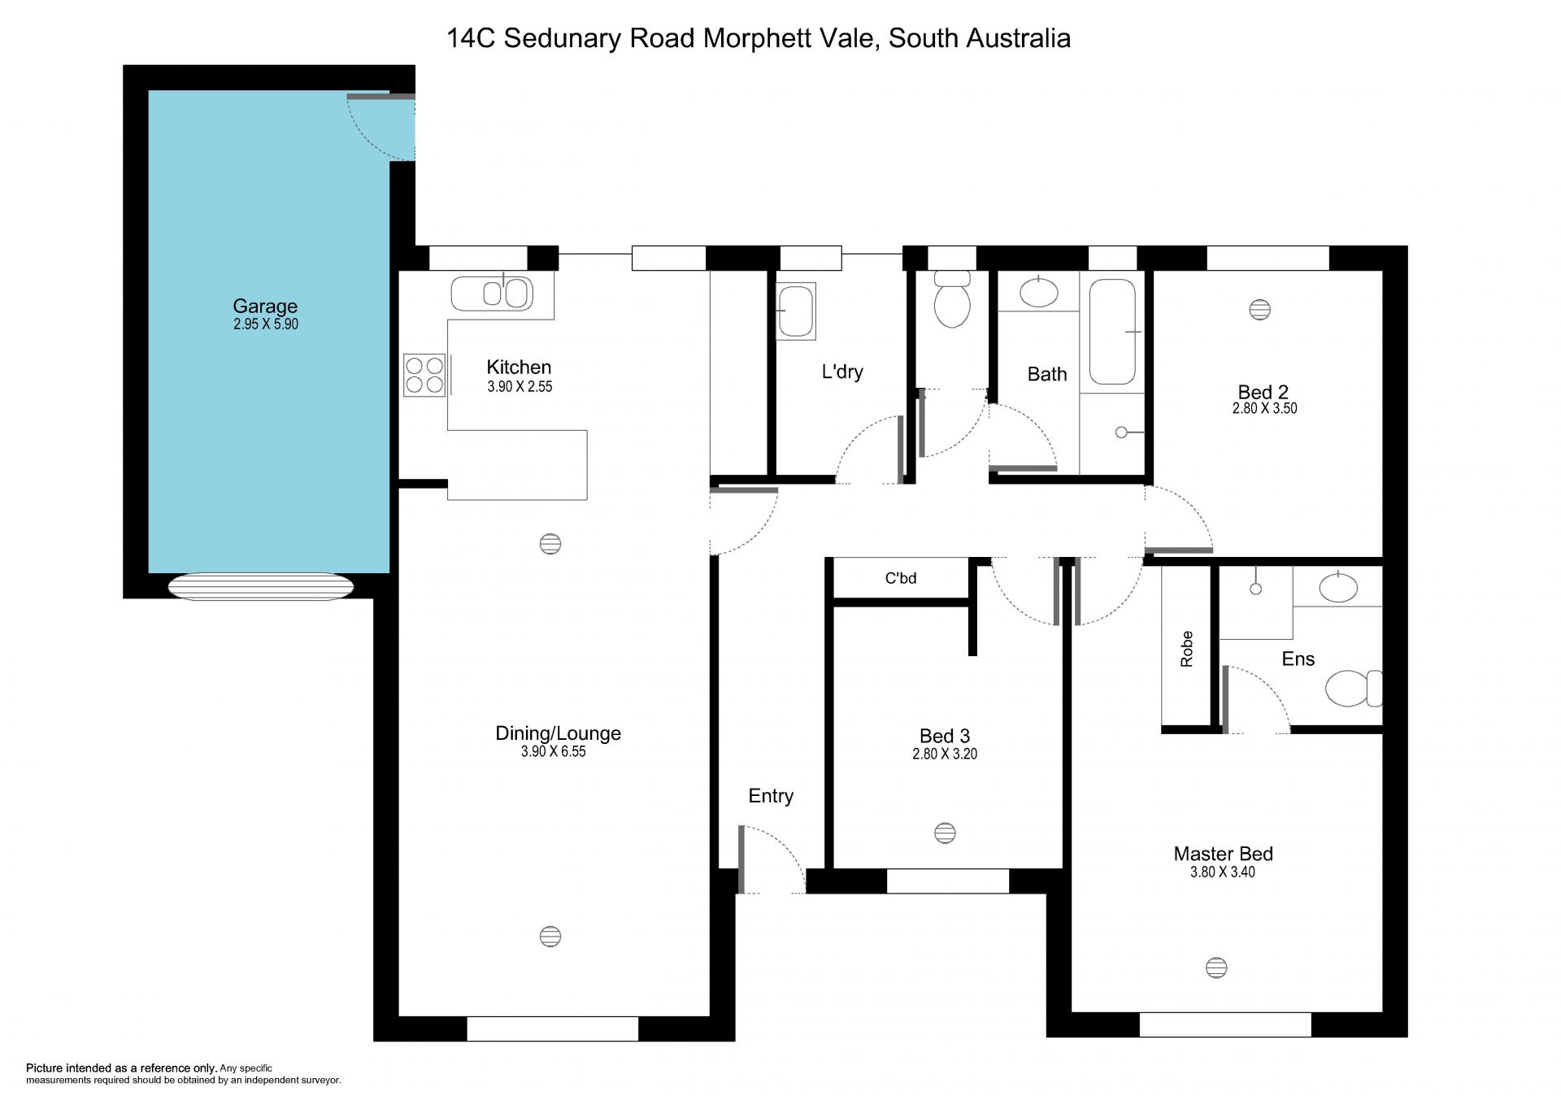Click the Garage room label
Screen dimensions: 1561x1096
265,307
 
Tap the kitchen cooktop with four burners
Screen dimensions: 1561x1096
424,375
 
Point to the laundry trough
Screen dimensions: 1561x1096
795,311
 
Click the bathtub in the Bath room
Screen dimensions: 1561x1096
1112,332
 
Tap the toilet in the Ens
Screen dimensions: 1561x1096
1354,689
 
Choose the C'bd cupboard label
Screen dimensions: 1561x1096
901,578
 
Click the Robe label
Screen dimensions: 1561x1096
1187,649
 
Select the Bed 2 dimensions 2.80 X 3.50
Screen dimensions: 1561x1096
1264,409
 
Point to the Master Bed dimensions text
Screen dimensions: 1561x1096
1223,872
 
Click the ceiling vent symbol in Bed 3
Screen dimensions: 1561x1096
945,833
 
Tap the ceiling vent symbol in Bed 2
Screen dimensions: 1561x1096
1260,310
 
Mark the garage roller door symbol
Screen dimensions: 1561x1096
261,586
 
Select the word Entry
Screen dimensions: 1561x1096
771,796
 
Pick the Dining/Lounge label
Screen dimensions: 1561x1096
559,733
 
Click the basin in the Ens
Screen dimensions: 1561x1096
1338,587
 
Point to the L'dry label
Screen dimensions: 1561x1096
842,372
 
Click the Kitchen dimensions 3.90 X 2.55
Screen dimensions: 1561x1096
520,387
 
